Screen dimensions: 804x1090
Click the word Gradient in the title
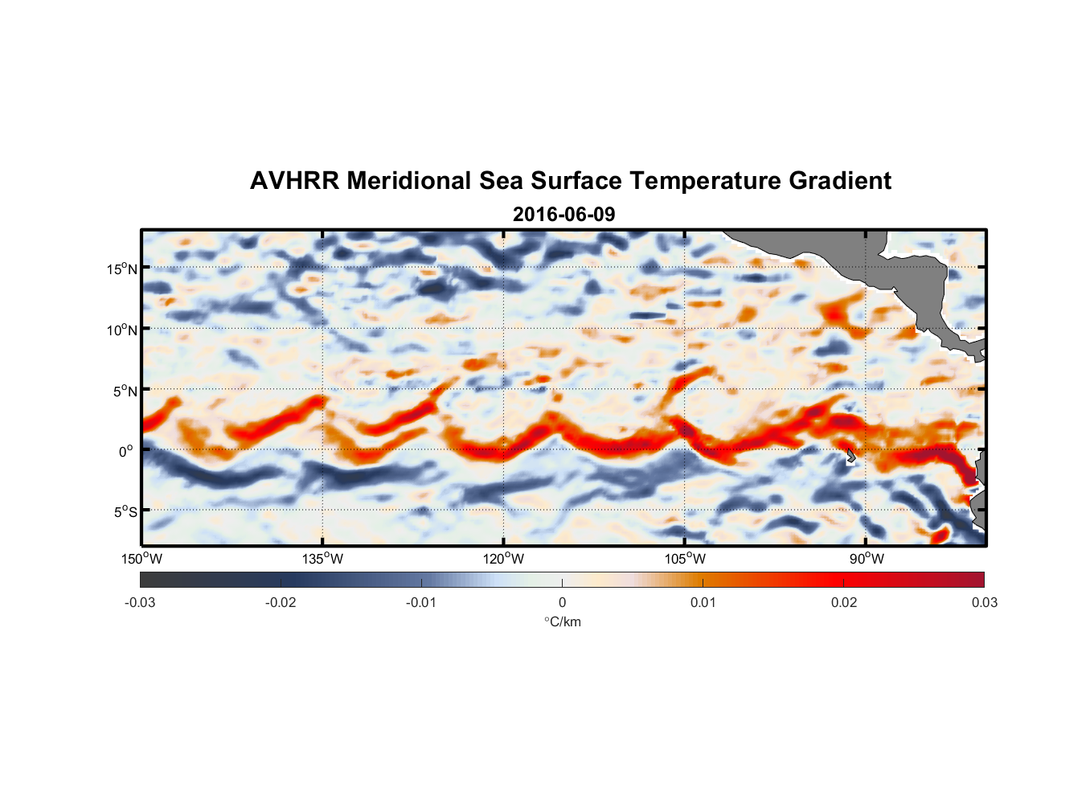[839, 181]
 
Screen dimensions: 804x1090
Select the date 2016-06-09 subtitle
[563, 215]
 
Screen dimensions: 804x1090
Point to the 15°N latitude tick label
[122, 269]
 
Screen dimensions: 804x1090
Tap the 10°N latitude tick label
[122, 330]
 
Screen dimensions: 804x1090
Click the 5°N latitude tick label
[125, 392]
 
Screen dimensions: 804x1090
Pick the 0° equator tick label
[126, 452]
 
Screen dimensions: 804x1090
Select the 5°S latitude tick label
[125, 512]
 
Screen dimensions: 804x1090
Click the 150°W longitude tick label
[141, 559]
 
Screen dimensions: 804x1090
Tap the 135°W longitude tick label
[322, 559]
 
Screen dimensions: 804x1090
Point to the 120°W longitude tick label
[503, 559]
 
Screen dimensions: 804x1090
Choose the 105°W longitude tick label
[685, 559]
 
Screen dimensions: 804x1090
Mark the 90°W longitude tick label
[867, 559]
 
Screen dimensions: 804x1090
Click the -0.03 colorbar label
[140, 603]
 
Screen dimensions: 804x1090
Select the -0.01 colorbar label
[421, 603]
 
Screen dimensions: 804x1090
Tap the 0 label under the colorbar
[562, 603]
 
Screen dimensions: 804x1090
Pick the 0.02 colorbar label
[844, 603]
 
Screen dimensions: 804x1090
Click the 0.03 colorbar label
[984, 603]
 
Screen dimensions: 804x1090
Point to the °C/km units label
[563, 622]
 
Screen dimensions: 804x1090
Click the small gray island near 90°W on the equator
[850, 456]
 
